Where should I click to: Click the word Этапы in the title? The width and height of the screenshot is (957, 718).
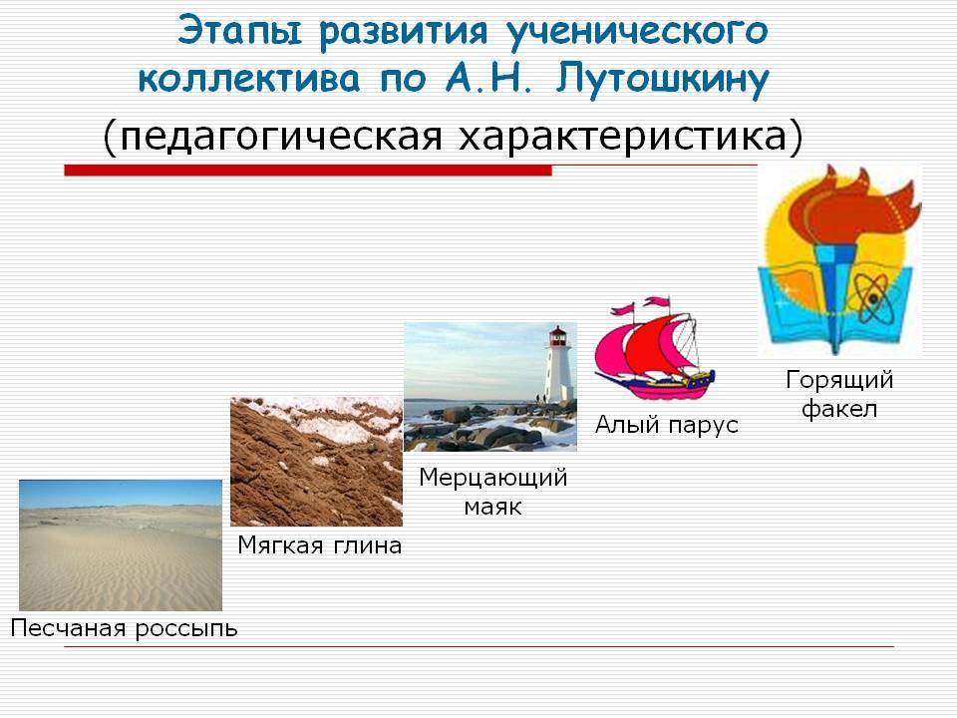[240, 31]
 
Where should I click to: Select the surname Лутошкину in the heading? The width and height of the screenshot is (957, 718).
[662, 80]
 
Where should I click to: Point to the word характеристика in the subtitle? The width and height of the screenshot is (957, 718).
[622, 136]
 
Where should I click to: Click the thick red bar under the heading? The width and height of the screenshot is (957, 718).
[308, 171]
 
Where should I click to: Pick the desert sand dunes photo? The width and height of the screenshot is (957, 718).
[121, 545]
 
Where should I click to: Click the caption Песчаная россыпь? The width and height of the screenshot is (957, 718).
[124, 628]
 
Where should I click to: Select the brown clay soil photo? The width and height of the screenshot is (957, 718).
[316, 462]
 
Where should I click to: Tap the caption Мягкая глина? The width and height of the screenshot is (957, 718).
[320, 544]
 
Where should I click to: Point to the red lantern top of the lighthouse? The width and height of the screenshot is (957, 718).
[557, 335]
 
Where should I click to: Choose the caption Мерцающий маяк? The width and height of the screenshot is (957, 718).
[493, 492]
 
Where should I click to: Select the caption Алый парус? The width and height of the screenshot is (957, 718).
[667, 425]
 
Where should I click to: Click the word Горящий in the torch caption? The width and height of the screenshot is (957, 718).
[839, 380]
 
